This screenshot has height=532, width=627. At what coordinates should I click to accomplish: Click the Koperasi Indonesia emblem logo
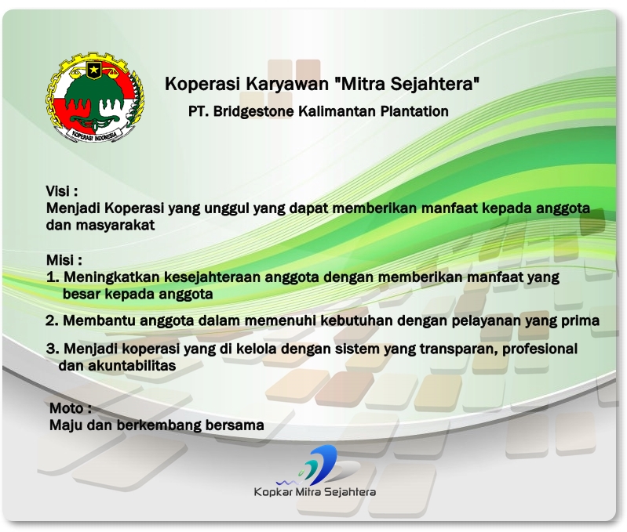(x=95, y=98)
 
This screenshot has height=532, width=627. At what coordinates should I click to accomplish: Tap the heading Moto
(x=70, y=408)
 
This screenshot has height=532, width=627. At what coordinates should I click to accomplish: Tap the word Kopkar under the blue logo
(x=272, y=492)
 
